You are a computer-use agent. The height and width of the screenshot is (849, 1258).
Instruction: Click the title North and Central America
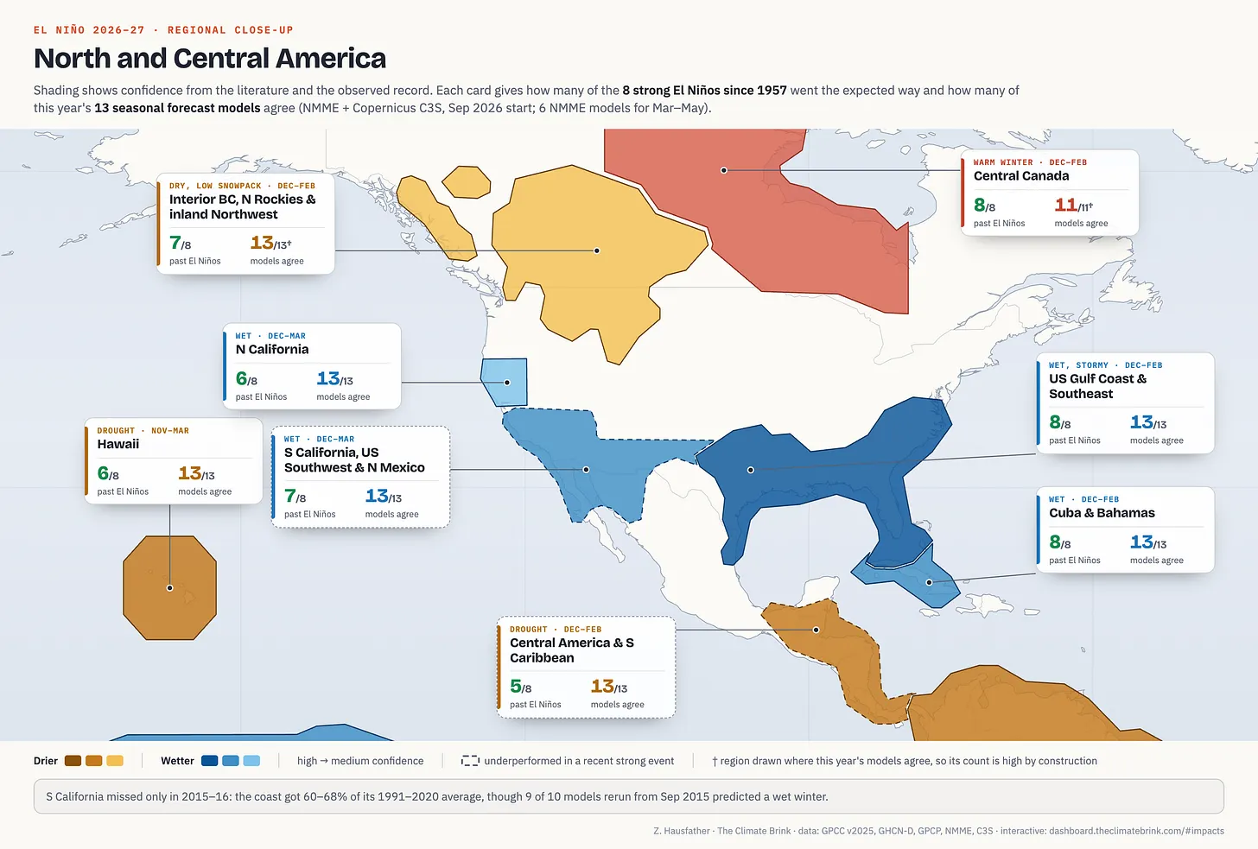210,59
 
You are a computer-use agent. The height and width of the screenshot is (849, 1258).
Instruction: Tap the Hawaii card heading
118,444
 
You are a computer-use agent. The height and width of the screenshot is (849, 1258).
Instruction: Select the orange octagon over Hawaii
169,588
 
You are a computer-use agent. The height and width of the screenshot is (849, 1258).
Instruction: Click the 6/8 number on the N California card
246,379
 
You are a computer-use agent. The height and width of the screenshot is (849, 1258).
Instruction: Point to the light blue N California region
505,382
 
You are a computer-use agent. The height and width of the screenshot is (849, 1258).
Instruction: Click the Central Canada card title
1021,175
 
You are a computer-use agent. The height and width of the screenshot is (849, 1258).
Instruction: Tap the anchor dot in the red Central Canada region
724,170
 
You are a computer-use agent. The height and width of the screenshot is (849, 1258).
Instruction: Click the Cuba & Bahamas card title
1102,513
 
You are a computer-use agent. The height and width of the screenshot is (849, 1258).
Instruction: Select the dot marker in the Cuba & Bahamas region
929,582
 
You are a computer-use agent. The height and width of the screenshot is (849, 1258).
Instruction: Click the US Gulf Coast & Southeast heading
1098,386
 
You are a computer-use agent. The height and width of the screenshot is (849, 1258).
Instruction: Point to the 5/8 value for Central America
521,686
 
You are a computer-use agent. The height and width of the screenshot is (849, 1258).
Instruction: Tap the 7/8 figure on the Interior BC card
181,243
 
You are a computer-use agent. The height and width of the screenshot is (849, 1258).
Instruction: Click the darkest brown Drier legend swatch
73,761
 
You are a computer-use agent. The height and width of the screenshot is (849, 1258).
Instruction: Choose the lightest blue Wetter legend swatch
251,761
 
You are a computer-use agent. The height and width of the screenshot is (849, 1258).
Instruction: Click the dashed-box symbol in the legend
470,761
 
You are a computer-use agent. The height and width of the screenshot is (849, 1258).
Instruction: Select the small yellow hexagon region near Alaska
467,182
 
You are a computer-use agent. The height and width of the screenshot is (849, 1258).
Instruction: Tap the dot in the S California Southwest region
586,470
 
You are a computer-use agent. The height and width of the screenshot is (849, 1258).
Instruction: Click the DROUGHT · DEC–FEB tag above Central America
556,630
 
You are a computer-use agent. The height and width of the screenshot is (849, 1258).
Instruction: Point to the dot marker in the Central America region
816,630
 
